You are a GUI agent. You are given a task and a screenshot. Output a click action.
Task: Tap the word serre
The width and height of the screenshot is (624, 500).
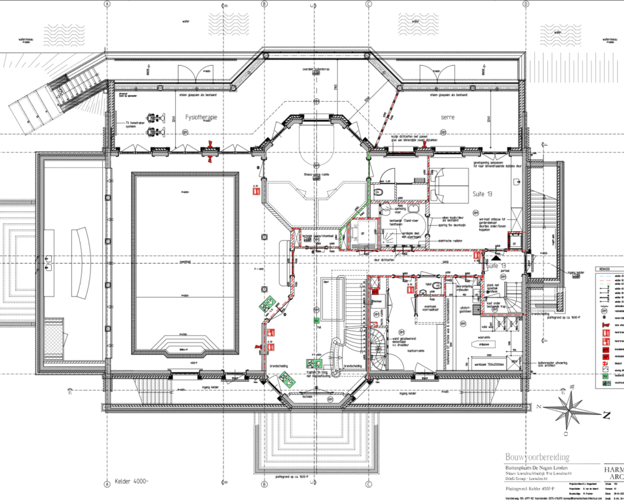(447, 117)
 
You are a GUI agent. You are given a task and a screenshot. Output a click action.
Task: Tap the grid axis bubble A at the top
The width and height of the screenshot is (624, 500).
(107, 4)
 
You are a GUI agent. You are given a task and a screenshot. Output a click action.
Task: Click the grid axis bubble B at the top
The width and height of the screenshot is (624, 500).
(265, 4)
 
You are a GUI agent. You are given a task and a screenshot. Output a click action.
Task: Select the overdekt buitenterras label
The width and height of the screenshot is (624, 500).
(316, 69)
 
